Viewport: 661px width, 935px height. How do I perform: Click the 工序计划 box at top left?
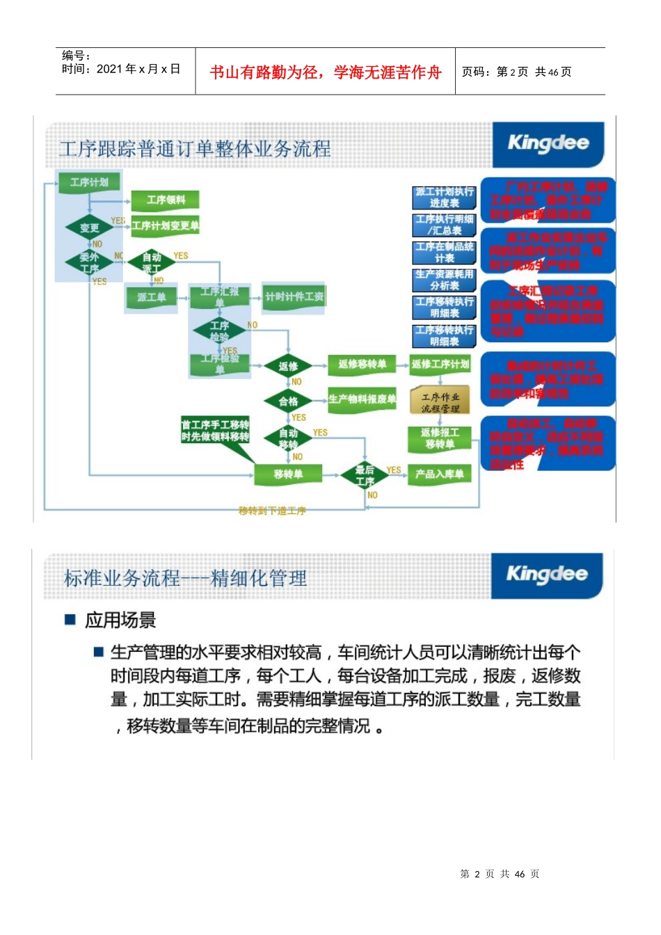click(90, 182)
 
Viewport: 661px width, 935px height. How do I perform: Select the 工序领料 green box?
click(166, 200)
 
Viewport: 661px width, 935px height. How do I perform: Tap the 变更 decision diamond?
click(89, 227)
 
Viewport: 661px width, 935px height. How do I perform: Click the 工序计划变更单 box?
click(166, 225)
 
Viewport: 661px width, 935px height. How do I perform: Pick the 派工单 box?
click(151, 298)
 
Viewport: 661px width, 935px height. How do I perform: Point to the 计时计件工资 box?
click(294, 297)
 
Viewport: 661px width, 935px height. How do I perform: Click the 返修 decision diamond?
click(288, 366)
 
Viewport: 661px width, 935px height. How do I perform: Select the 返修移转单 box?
click(362, 364)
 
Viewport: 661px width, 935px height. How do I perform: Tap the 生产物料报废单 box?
click(362, 399)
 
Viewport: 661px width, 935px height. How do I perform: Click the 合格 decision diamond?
click(288, 401)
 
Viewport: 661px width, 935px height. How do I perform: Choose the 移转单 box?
click(287, 474)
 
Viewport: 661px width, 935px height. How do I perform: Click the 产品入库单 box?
click(439, 474)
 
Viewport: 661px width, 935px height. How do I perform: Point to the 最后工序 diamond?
click(365, 476)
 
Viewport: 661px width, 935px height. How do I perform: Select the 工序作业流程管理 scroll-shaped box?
click(440, 401)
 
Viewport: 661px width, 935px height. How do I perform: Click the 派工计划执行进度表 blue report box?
click(444, 198)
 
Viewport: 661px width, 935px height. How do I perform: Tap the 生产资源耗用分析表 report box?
click(444, 280)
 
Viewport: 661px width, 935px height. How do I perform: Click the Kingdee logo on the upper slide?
click(548, 144)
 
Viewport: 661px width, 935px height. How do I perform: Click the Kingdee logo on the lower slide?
click(547, 575)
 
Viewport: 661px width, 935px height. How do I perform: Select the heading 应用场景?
click(120, 619)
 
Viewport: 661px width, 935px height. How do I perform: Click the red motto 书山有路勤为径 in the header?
click(325, 72)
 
